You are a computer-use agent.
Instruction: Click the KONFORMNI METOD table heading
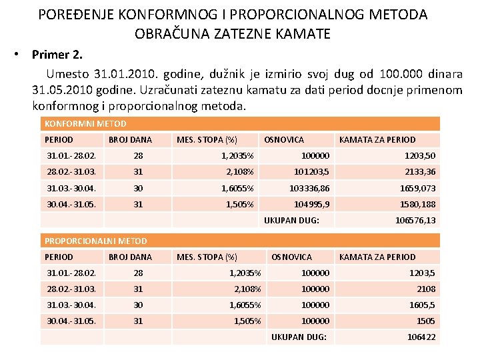(x=85, y=123)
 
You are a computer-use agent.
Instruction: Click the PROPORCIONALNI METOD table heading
(x=95, y=241)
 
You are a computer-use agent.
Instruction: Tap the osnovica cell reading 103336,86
(x=309, y=188)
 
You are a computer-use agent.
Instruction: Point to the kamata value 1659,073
(x=417, y=188)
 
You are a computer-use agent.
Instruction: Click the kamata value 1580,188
(x=417, y=204)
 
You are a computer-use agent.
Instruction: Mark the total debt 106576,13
(x=415, y=220)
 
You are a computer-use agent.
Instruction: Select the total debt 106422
(x=421, y=337)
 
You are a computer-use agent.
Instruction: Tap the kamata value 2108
(x=426, y=289)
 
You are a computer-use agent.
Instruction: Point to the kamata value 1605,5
(x=423, y=305)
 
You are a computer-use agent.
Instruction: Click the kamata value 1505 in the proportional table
(x=426, y=321)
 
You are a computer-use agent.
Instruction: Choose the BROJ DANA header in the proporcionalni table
(x=130, y=257)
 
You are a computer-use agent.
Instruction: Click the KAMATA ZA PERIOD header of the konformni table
(x=377, y=139)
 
